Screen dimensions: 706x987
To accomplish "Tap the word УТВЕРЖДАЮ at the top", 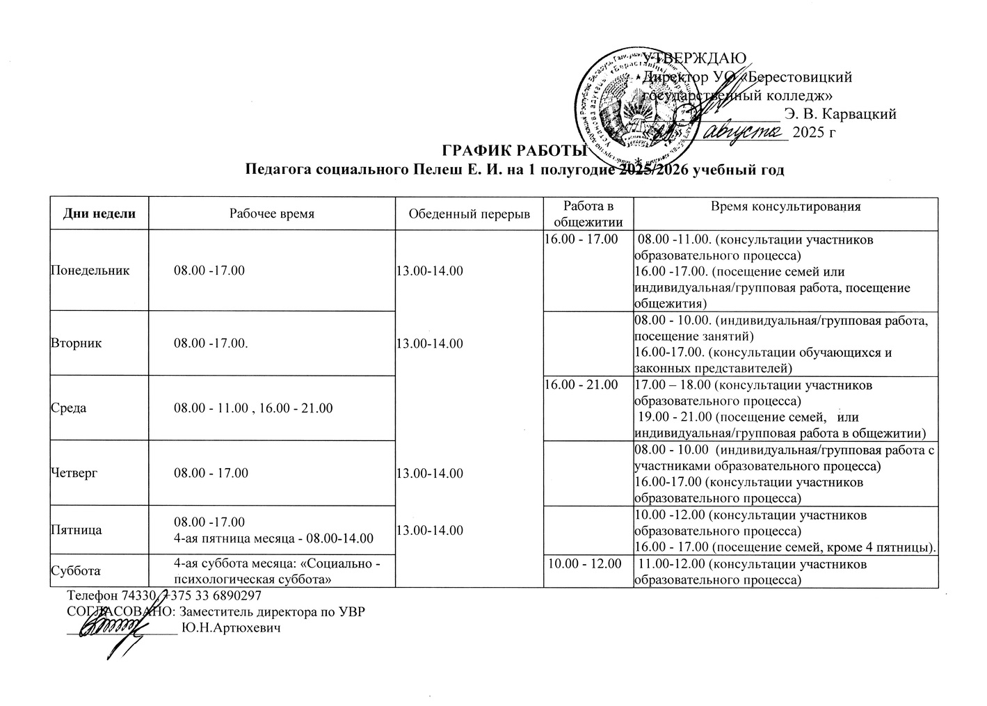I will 695,58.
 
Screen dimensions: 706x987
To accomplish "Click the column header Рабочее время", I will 272,214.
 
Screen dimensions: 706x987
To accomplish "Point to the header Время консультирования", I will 786,207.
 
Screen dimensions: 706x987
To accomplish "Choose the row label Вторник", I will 77,343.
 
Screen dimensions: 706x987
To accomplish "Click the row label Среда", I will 69,408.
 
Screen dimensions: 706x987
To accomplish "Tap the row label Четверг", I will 74,473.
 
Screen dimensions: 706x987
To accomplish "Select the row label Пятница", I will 77,530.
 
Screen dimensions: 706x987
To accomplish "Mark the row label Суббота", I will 76,571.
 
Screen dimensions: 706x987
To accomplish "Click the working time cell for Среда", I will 253,408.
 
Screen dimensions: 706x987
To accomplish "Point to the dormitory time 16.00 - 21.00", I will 581,385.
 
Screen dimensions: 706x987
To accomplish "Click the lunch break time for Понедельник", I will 429,270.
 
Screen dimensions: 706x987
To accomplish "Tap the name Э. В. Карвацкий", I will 840,113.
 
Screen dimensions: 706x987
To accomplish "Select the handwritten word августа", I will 743,131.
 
